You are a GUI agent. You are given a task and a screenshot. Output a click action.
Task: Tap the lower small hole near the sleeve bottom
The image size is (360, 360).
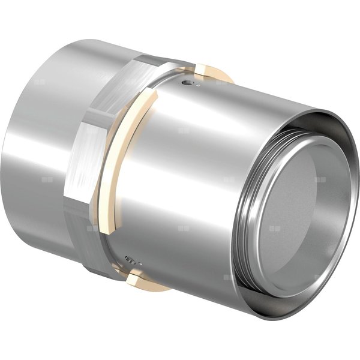[131, 260]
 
